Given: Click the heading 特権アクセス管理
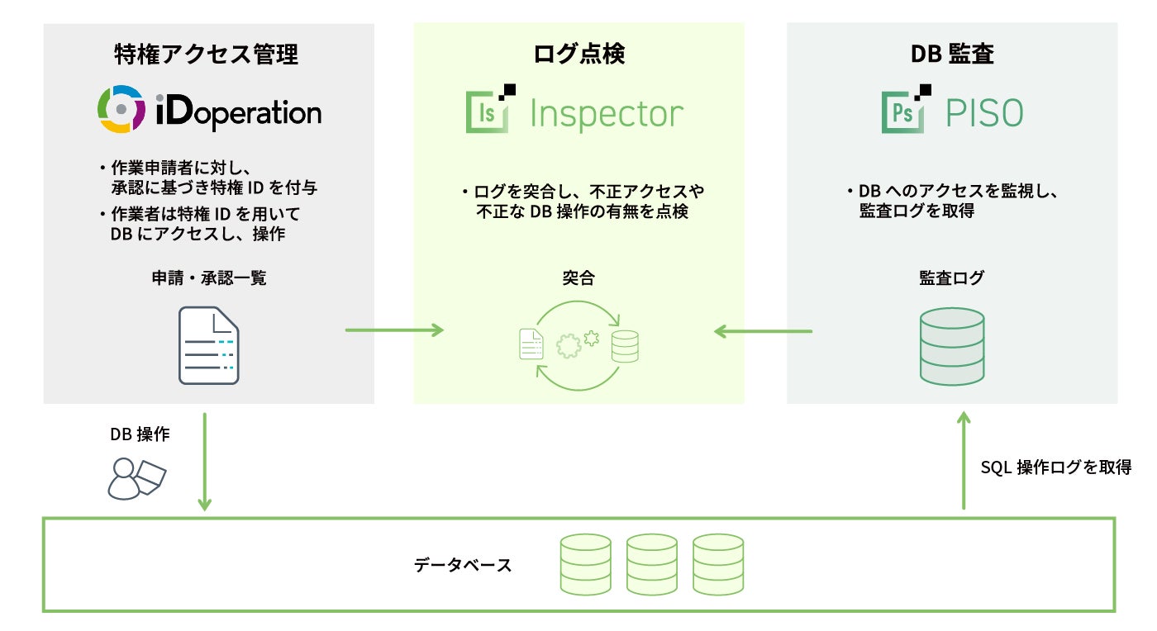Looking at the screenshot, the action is coord(206,55).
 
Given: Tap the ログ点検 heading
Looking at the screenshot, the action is coord(578,54).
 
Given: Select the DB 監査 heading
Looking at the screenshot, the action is coord(952,54).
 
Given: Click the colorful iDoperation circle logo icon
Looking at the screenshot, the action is coord(121,109).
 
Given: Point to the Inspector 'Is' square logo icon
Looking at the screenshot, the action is coord(489,109).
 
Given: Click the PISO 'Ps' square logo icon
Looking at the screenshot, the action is coord(906,109).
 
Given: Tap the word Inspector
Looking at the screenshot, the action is coord(607,114).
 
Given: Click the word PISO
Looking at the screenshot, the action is coord(984,113).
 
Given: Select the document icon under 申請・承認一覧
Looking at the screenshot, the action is coord(208,345).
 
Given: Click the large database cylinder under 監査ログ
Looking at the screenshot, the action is coord(952,347).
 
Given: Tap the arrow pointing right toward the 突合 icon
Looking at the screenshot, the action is coord(395,330).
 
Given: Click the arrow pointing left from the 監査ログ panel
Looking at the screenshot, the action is coord(763,331).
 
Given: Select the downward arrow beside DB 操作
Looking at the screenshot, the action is coord(205,462).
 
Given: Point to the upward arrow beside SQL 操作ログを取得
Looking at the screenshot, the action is coord(964,461).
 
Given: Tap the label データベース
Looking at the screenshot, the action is coord(463,565).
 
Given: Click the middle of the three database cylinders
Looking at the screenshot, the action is coord(652,564).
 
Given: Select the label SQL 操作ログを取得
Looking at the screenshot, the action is coord(1056,467).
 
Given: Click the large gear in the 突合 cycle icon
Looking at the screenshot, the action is coord(569,345).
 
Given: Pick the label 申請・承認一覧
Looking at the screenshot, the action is coord(208,278).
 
